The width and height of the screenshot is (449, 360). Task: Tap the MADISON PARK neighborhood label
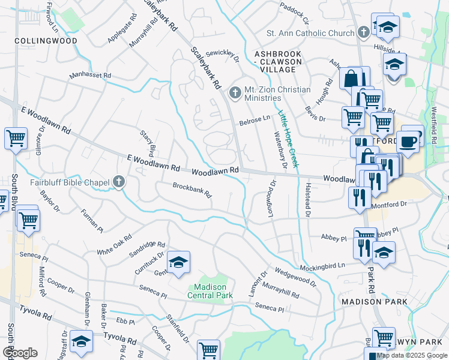coord(374,301)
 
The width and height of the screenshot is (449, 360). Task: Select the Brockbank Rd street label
coord(192,190)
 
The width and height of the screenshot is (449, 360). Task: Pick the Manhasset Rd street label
coord(90,76)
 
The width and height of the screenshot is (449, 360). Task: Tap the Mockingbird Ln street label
coord(324,265)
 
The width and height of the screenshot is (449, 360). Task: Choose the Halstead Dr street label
coord(307,200)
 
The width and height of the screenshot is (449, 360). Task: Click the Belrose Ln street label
coord(255,119)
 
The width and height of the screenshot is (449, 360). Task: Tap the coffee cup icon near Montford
coord(408,142)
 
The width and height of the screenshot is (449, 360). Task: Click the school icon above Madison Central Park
coord(178,263)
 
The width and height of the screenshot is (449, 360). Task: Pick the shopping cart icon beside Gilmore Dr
coord(15,138)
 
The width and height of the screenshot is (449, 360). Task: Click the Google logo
coord(20,352)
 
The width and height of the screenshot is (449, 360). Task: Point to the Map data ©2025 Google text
coord(411,355)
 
